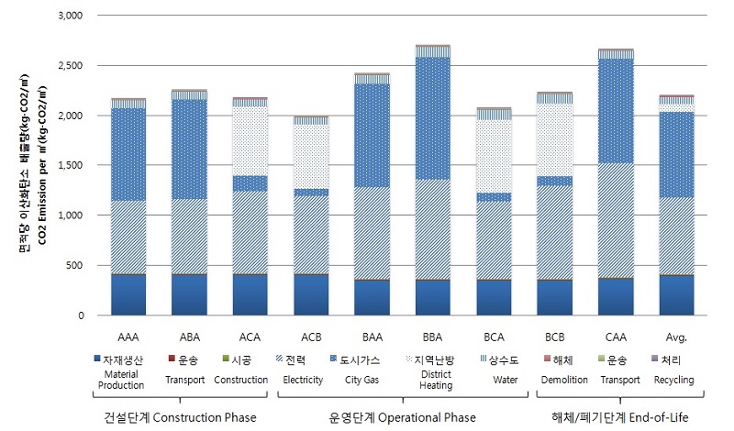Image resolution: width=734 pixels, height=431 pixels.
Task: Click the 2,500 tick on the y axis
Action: click(70, 66)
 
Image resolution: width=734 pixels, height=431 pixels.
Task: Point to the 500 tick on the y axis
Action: click(76, 266)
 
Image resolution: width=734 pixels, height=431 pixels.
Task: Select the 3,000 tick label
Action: click(70, 17)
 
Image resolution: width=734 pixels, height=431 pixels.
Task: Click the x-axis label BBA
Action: click(433, 336)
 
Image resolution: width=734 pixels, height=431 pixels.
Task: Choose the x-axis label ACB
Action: click(311, 336)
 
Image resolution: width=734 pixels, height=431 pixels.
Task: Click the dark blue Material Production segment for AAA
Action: click(128, 294)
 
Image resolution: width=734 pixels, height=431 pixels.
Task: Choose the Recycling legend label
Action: click(673, 379)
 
